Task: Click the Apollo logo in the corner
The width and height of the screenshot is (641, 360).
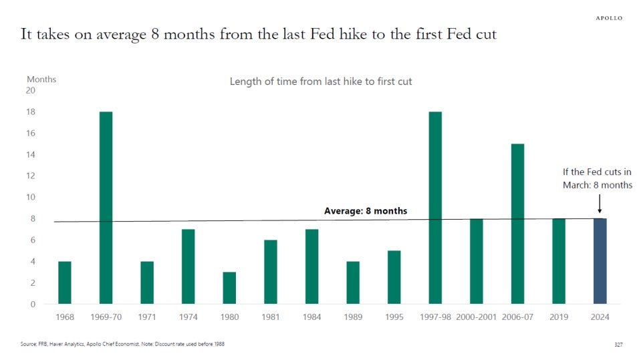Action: pos(608,18)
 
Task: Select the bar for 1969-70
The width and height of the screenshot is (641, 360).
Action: pos(106,208)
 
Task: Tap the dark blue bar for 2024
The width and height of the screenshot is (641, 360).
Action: pos(600,261)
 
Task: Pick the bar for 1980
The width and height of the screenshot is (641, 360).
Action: pos(229,288)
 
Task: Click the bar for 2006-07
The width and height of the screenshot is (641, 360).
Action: pos(518,224)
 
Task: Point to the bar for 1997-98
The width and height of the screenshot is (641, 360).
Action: pos(435,208)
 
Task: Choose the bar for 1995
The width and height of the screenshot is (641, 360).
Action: pos(394,277)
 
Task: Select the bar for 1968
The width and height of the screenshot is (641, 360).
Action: pos(65,283)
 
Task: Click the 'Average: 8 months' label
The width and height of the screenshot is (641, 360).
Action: pos(365,211)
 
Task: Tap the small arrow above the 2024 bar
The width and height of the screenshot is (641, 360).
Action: pos(600,202)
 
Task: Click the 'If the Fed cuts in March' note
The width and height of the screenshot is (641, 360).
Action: pos(597,178)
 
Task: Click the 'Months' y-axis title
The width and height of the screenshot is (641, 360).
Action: pos(41,79)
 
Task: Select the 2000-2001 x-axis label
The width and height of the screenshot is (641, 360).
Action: pos(477,317)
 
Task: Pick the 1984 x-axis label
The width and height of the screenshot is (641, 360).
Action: pos(311,317)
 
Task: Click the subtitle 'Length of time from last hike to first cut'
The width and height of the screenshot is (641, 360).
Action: pos(321,81)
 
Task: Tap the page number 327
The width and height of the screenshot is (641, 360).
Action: pos(618,345)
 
